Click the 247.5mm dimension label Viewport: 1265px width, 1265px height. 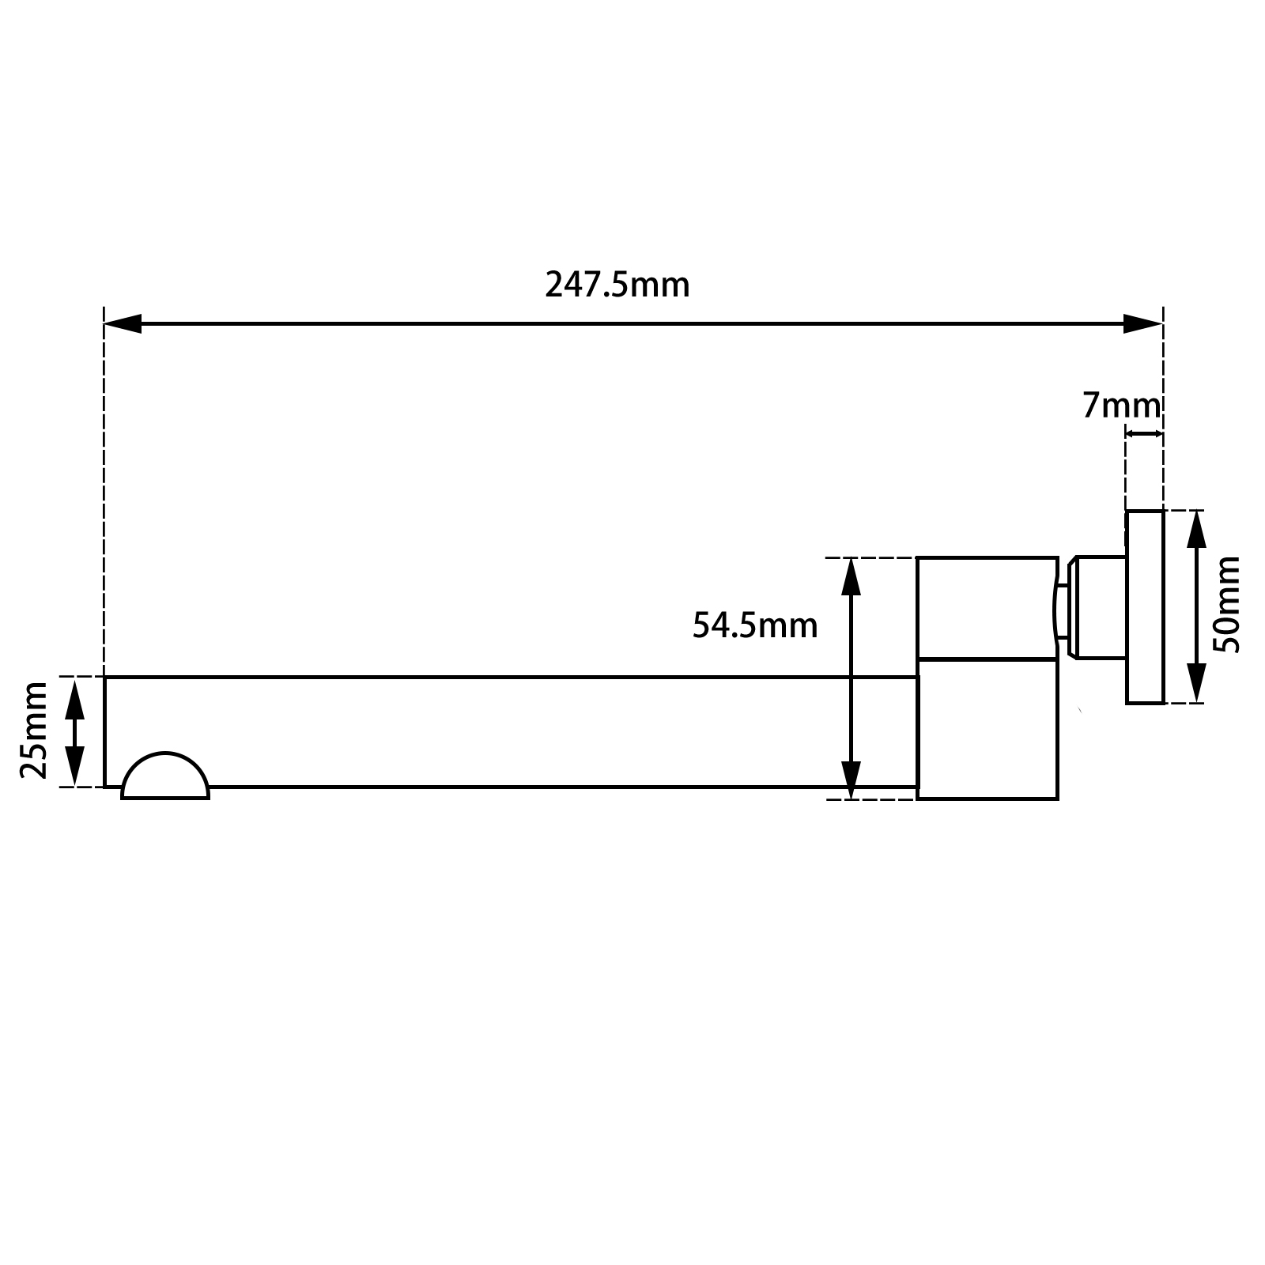(x=617, y=285)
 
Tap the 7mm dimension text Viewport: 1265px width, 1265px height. (x=1120, y=406)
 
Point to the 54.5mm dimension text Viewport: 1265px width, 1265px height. (x=754, y=626)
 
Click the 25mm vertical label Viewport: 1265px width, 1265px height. (x=35, y=731)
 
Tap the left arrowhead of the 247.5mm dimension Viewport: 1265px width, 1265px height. (x=123, y=323)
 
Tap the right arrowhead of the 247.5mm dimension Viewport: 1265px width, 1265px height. (x=1143, y=323)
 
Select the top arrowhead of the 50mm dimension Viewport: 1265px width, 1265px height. (x=1196, y=530)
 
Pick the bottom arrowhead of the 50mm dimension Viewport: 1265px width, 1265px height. (x=1196, y=683)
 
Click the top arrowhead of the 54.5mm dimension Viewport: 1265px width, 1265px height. (x=851, y=577)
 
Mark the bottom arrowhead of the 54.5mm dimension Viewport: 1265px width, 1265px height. (x=851, y=780)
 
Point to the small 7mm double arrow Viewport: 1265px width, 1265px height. (x=1144, y=433)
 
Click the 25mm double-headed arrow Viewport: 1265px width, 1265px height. (x=74, y=731)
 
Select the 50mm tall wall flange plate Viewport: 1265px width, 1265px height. (x=1145, y=606)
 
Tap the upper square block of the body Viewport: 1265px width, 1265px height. (x=986, y=607)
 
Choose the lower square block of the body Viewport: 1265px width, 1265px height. (x=987, y=728)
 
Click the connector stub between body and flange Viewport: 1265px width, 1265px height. (x=1095, y=607)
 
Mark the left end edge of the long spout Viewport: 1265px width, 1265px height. (x=105, y=731)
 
